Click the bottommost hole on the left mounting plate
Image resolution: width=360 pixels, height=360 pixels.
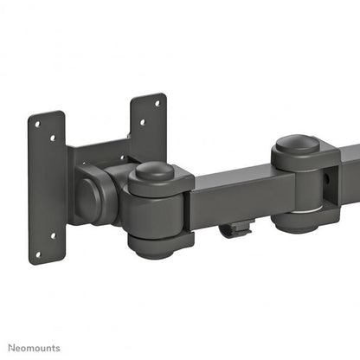pyautogui.click(x=38, y=253)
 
